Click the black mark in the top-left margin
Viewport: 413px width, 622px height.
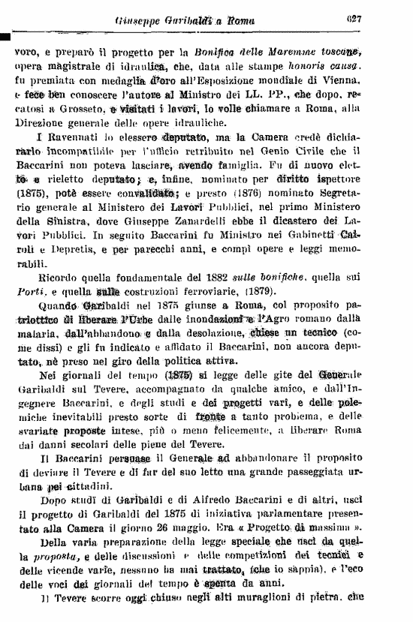(x=5, y=35)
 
